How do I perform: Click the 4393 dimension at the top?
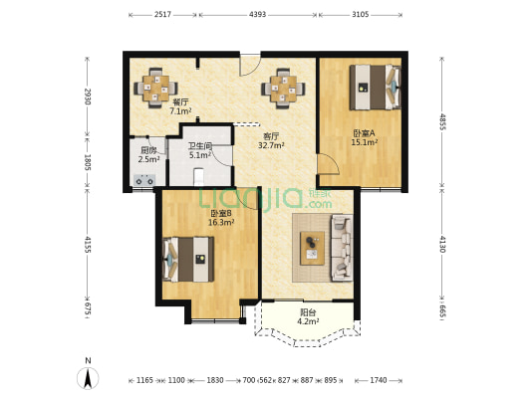[x=257, y=15]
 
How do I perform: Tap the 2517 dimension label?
[x=163, y=15]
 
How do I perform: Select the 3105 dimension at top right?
[x=360, y=15]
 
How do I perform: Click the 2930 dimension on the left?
[x=88, y=97]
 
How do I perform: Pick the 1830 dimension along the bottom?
[x=215, y=380]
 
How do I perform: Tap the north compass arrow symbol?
[x=88, y=377]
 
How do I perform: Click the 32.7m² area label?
[x=271, y=145]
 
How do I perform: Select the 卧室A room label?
[x=364, y=133]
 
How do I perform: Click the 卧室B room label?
[x=221, y=214]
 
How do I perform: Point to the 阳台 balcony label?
[x=307, y=312]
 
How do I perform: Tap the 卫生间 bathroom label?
[x=200, y=146]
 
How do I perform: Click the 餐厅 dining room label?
[x=180, y=101]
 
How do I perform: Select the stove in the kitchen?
[x=144, y=179]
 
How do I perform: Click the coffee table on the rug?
[x=312, y=248]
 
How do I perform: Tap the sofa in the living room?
[x=343, y=248]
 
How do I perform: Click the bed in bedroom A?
[x=376, y=88]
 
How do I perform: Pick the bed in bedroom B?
[x=188, y=259]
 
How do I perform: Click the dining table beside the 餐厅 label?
[x=155, y=89]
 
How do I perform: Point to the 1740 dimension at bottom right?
[x=379, y=380]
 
